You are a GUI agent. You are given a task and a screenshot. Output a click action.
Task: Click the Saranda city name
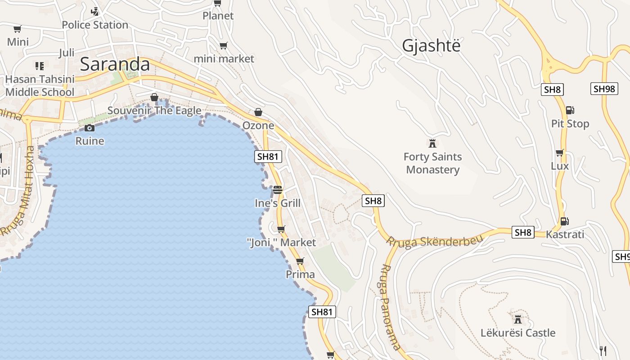tap(115, 64)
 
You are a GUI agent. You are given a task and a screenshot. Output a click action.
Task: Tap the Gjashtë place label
tap(431, 45)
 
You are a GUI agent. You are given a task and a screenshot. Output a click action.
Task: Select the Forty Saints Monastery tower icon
tap(432, 144)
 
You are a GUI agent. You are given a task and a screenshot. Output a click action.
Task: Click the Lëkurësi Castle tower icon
tap(518, 319)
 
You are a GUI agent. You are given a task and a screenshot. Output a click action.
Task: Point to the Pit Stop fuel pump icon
tap(570, 110)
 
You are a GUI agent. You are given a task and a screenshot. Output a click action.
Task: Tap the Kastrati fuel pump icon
tap(564, 221)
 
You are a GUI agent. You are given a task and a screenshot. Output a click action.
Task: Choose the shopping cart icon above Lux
tap(559, 153)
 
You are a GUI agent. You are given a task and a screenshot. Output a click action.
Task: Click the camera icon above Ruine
tap(90, 128)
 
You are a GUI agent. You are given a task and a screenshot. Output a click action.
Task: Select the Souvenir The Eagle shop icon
tap(154, 98)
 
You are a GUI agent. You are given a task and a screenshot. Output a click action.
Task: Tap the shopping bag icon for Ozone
tap(258, 112)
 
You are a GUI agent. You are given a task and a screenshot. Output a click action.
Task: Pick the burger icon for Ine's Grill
tap(278, 190)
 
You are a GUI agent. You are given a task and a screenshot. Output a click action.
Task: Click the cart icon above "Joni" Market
tap(281, 229)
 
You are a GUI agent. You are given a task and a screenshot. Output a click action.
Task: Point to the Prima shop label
tap(300, 274)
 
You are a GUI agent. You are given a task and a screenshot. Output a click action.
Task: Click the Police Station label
tap(95, 25)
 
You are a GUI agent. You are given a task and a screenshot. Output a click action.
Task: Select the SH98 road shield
tap(604, 89)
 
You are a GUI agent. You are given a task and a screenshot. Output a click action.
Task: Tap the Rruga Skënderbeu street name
tap(435, 241)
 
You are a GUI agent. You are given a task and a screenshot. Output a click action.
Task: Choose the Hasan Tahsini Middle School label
tap(40, 85)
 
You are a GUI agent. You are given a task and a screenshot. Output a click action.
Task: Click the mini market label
tap(224, 58)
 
